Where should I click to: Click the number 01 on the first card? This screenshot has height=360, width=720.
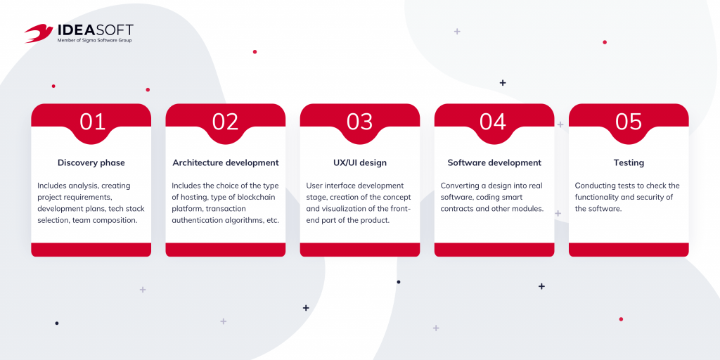92,122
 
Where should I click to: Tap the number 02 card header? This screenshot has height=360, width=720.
226,122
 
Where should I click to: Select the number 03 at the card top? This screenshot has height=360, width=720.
359,122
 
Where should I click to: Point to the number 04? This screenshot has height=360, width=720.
493,122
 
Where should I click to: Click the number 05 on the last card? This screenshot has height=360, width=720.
629,122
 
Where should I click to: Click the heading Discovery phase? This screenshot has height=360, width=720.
91,162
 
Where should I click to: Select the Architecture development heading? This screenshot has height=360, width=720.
226,162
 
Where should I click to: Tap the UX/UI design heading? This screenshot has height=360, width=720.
359,162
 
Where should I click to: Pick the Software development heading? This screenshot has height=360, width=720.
494,162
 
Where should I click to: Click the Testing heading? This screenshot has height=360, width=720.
629,162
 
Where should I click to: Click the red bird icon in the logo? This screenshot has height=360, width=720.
39,33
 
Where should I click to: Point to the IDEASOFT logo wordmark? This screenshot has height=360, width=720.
95,30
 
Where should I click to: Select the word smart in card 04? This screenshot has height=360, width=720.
522,197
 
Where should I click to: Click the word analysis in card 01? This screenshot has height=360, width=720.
82,186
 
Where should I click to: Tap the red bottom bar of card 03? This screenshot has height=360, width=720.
359,250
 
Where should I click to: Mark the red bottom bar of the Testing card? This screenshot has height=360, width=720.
629,250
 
